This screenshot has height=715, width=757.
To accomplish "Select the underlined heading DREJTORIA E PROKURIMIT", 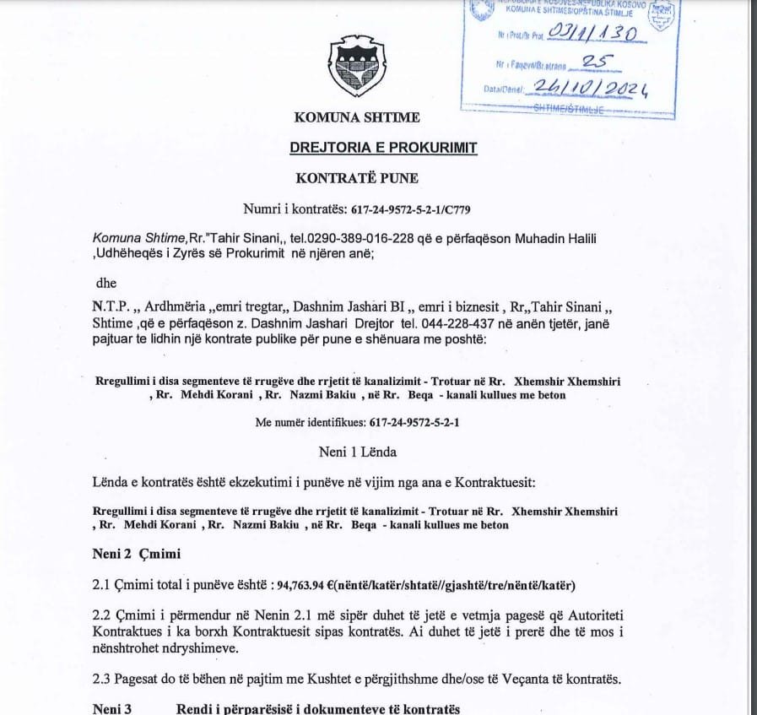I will pos(383,148).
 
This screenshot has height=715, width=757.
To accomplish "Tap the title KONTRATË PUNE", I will pos(357,178).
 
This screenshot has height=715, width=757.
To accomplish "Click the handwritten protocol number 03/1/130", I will pos(591,33).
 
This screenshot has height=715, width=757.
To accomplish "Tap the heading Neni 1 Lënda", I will pos(357,452).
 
